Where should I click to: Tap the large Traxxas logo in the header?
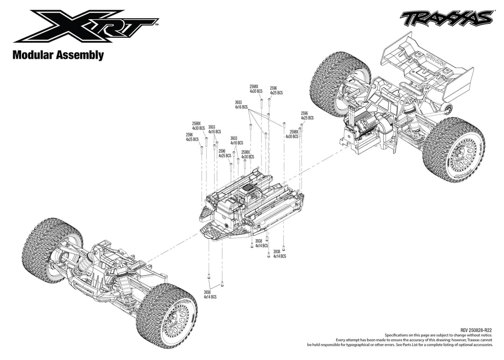click(446, 18)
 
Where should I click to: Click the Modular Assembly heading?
click(58, 55)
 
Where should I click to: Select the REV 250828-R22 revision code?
click(476, 330)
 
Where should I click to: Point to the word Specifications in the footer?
click(399, 335)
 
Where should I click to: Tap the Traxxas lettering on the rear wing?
click(436, 61)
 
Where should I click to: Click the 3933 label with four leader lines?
click(241, 105)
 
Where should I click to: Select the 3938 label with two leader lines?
click(210, 295)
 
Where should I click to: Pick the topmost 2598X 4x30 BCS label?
click(256, 89)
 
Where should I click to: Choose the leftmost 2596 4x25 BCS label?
click(192, 137)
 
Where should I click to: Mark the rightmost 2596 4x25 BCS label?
click(307, 116)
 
